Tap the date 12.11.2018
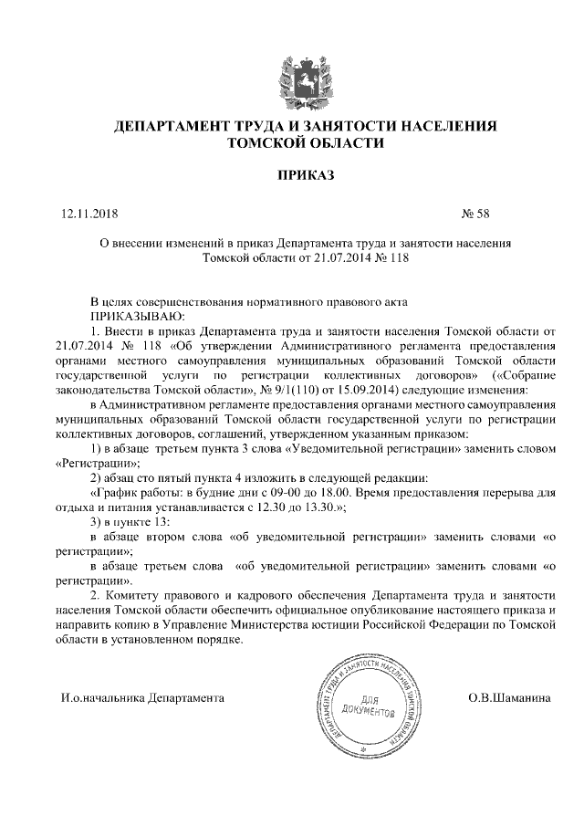tap(89, 215)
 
